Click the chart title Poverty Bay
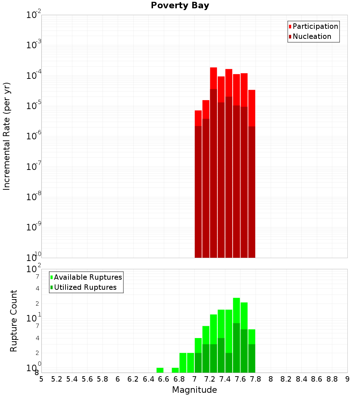point(180,6)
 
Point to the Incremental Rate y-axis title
point(7,136)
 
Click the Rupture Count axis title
point(14,320)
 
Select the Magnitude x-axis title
point(194,390)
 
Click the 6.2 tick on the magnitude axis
point(133,379)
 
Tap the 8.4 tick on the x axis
point(301,379)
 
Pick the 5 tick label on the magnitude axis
point(41,379)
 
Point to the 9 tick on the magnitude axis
point(347,379)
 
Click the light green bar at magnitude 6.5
point(160,370)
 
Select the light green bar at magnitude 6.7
point(175,370)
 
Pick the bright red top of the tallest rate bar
point(213,77)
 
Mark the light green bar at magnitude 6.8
point(183,363)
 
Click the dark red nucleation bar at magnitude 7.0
point(198,191)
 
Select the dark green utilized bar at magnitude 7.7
point(252,358)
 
